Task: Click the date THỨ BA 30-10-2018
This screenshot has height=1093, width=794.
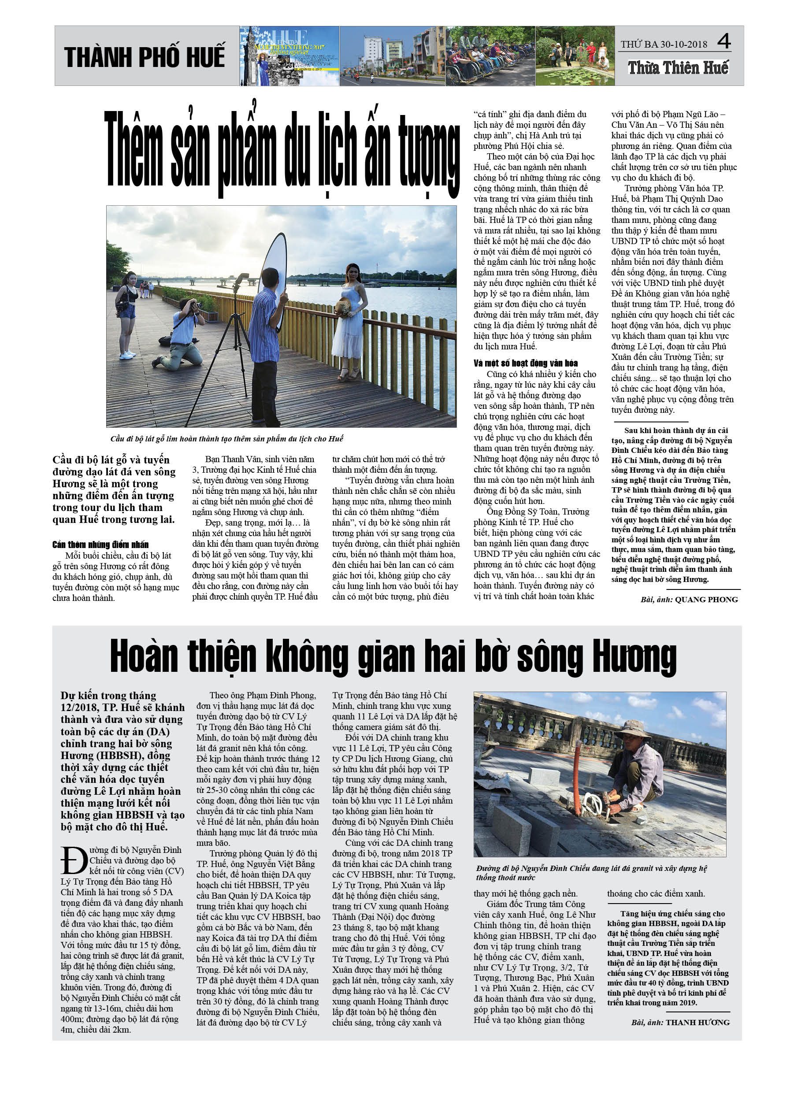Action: pyautogui.click(x=664, y=44)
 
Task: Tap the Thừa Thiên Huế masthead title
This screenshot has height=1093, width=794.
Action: pyautogui.click(x=678, y=68)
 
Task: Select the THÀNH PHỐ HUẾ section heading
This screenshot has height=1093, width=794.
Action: pyautogui.click(x=144, y=57)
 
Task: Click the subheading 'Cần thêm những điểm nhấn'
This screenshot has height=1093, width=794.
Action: pyautogui.click(x=100, y=545)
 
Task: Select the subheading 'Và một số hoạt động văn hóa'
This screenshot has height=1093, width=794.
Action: pyautogui.click(x=526, y=363)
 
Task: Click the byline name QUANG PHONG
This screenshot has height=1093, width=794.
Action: pyautogui.click(x=706, y=600)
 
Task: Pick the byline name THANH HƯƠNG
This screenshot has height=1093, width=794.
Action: pyautogui.click(x=698, y=1022)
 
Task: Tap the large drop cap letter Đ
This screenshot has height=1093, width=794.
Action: pyautogui.click(x=74, y=860)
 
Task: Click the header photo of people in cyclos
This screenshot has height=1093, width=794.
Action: pyautogui.click(x=490, y=56)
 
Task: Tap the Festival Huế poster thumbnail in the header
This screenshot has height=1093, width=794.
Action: pyautogui.click(x=289, y=56)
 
